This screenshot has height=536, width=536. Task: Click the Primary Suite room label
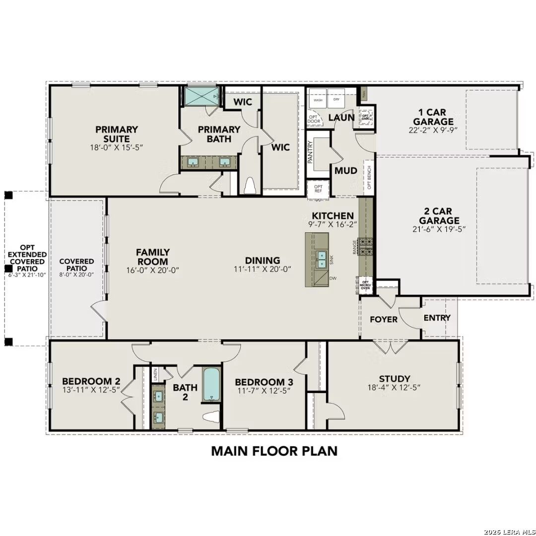tap(117, 134)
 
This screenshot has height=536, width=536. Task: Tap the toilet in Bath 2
tap(212, 416)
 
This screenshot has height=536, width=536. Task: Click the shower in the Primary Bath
tap(201, 96)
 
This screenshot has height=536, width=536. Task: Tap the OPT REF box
tap(318, 189)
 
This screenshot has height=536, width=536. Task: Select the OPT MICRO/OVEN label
tap(365, 285)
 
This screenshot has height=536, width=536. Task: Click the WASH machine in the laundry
tap(318, 100)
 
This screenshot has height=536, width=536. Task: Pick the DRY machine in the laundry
tap(336, 100)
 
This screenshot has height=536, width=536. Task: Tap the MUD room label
tap(345, 171)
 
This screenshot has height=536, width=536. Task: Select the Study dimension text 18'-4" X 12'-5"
tap(394, 389)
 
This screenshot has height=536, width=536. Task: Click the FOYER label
tap(384, 319)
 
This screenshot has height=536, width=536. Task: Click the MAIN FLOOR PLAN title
tap(274, 451)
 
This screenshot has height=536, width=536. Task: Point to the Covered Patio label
tap(76, 265)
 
